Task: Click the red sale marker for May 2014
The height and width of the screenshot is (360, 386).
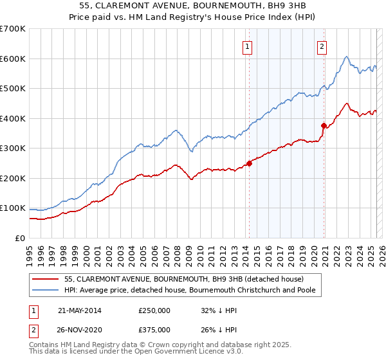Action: pos(249,163)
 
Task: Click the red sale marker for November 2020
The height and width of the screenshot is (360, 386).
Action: pos(324,125)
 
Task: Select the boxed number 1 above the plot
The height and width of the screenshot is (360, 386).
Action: pos(248,46)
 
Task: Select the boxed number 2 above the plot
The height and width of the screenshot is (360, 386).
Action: pos(321,46)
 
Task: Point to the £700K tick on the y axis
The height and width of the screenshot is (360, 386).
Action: pos(13,29)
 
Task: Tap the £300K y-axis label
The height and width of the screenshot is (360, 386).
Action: pos(13,148)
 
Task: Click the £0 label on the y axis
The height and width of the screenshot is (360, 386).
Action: pos(21,238)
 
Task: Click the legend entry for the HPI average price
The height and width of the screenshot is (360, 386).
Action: pos(192,290)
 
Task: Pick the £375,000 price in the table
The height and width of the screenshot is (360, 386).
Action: pos(154,330)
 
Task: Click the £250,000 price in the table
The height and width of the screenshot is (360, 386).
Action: pos(154,310)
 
